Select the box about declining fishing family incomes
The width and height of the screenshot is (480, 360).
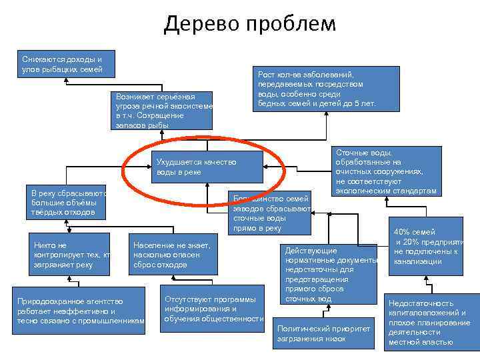63,62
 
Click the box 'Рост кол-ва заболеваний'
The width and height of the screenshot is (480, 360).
317,89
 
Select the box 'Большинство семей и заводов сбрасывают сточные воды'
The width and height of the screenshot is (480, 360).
270,213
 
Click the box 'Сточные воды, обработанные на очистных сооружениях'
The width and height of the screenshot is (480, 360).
387,171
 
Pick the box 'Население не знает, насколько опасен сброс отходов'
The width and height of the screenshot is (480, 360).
173,255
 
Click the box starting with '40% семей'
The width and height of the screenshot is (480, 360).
427,247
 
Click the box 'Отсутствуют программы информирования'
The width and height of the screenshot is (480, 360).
213,309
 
